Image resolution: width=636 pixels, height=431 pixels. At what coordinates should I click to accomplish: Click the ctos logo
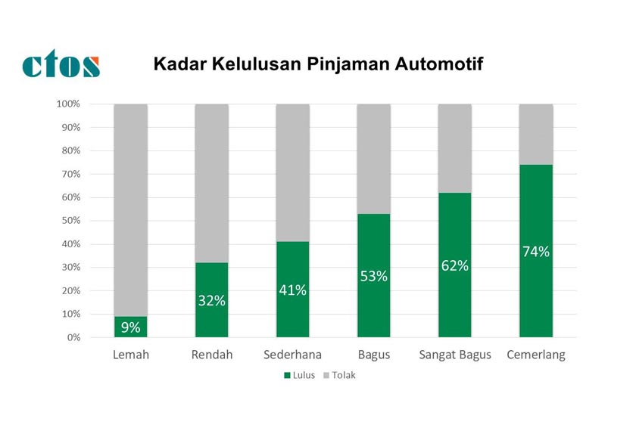(x=61, y=65)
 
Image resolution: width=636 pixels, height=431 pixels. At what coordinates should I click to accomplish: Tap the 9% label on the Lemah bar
(x=130, y=327)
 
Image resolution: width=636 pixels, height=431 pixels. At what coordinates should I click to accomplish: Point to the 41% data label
(x=292, y=290)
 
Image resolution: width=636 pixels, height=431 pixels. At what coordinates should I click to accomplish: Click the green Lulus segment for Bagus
(x=373, y=310)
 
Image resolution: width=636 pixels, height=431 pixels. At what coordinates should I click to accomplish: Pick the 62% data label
(x=454, y=266)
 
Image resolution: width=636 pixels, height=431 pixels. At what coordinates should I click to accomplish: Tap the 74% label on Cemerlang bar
(x=535, y=252)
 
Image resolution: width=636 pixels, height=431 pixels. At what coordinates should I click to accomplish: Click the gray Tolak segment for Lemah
(x=130, y=204)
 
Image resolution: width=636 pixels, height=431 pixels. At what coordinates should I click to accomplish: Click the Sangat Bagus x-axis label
(x=455, y=355)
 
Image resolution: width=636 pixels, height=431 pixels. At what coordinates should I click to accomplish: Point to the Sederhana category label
(x=292, y=355)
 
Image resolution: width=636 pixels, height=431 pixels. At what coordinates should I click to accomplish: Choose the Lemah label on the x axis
(x=130, y=355)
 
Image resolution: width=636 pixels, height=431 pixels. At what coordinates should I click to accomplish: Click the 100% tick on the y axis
(x=68, y=104)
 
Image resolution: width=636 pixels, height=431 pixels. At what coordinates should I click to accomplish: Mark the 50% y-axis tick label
(x=70, y=221)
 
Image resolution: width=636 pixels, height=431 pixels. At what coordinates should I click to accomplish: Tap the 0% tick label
(x=73, y=337)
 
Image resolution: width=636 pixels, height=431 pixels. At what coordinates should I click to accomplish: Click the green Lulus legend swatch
(x=287, y=376)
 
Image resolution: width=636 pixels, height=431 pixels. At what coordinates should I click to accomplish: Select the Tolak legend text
(x=343, y=376)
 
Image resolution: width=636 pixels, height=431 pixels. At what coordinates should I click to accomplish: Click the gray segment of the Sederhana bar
(x=292, y=170)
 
